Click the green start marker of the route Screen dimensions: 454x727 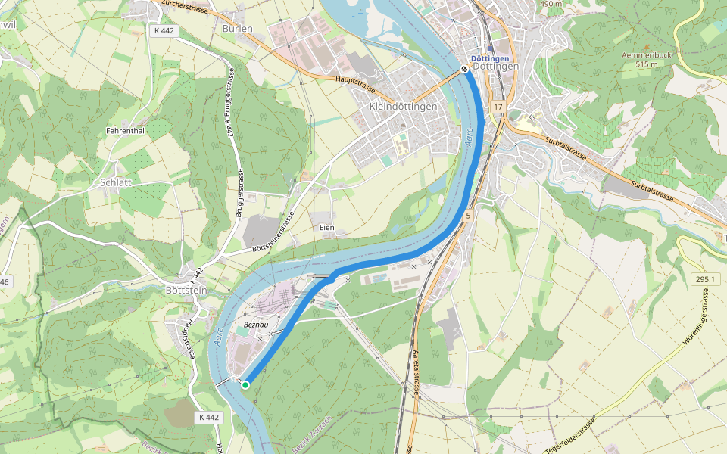coord(245,385)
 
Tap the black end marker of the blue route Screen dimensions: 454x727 coord(464,69)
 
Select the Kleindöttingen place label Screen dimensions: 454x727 coord(403,107)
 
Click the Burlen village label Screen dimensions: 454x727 coord(237,28)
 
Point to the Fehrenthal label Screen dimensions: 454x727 coord(125,131)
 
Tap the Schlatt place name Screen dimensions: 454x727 coord(116,182)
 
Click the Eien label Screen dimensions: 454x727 coord(327,227)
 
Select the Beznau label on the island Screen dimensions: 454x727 coord(257,325)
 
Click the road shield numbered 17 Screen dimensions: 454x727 coord(497,107)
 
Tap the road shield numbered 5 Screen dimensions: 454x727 coord(469,216)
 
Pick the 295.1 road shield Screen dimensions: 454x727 coord(704,279)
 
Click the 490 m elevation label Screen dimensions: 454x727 coord(551,4)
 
